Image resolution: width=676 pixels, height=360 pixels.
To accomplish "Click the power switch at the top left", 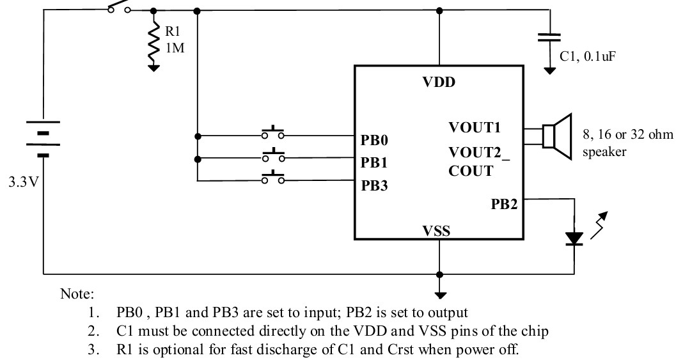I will [119, 8].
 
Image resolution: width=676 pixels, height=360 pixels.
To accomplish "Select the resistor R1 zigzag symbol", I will [153, 40].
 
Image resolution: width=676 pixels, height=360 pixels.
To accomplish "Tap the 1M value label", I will [175, 47].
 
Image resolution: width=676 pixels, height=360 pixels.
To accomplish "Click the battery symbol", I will [43, 137].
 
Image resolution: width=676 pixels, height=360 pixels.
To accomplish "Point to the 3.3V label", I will [23, 182].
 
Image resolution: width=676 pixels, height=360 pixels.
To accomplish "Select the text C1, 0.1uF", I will [588, 57].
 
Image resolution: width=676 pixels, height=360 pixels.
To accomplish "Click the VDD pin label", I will [439, 83].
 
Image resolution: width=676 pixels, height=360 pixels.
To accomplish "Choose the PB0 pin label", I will [375, 140].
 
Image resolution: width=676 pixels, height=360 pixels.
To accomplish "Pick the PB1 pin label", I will [375, 162].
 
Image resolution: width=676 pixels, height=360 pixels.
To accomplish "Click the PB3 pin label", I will [375, 186].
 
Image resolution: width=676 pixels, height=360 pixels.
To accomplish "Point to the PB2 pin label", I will [504, 205].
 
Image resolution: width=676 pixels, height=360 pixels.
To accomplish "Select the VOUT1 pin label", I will [475, 127].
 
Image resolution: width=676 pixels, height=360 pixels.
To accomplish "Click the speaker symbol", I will [556, 136].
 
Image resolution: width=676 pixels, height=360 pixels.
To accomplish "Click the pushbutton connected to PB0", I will [273, 134].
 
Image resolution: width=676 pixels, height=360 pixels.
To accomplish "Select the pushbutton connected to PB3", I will [273, 179].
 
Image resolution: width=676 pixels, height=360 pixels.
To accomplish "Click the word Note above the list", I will [77, 295].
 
